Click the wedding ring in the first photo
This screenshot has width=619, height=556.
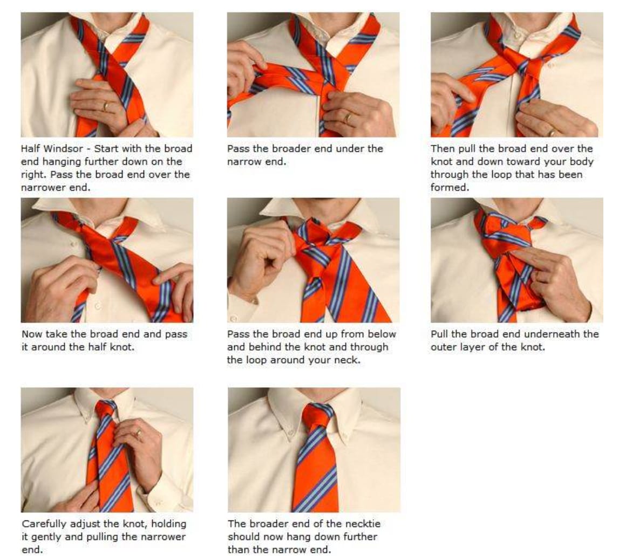click(x=105, y=106)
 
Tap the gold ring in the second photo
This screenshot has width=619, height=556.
click(x=347, y=118)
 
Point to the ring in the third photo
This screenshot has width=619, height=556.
click(x=553, y=132)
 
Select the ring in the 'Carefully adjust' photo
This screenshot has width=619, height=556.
click(x=139, y=433)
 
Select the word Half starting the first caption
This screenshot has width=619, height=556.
click(x=30, y=149)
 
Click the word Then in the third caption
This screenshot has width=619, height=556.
click(x=442, y=149)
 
